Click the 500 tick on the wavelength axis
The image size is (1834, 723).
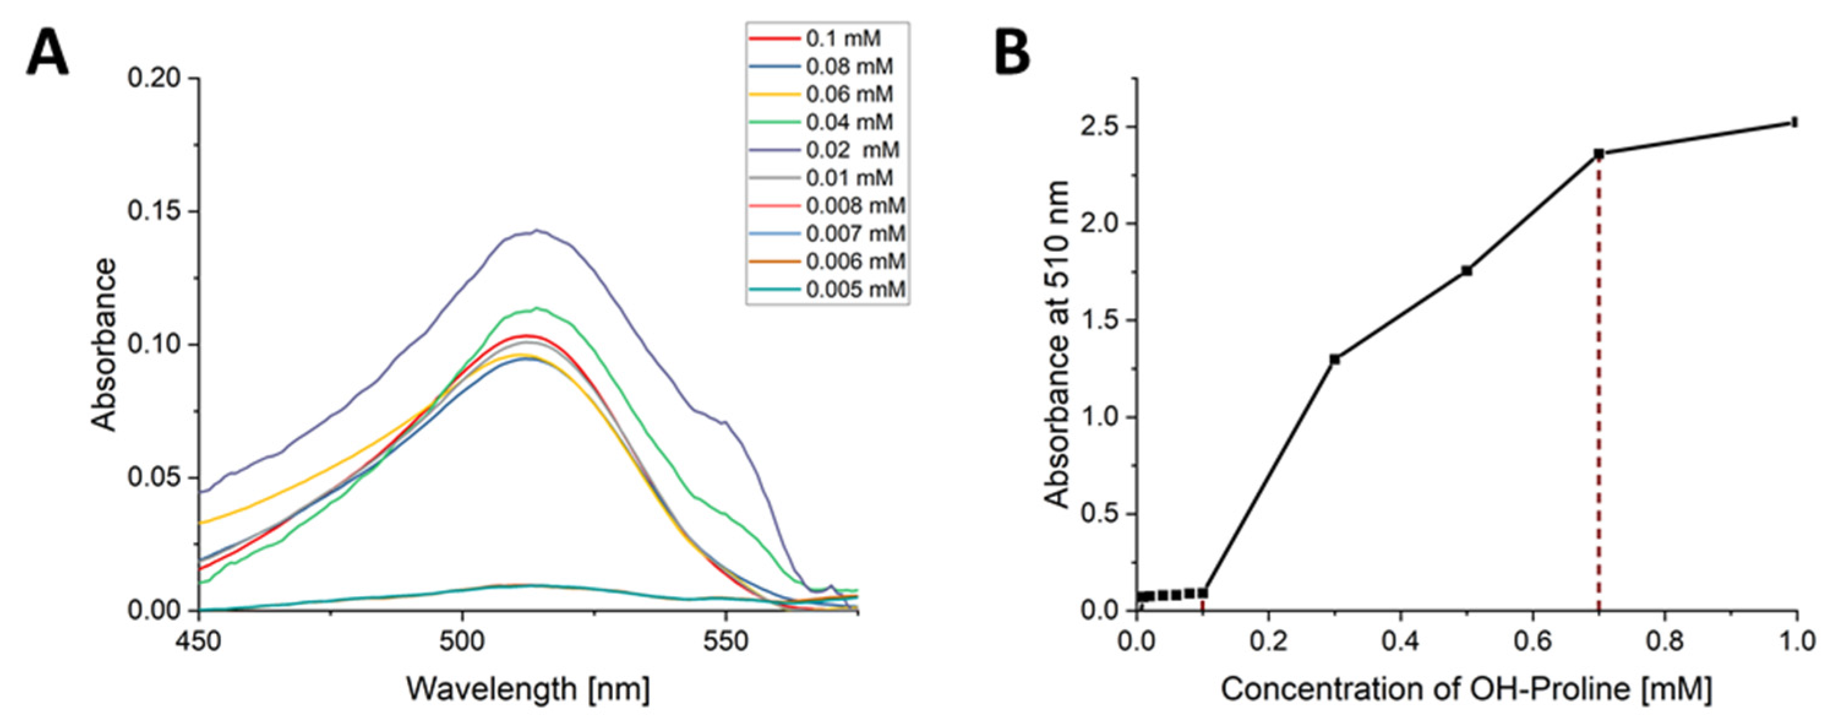click(x=462, y=642)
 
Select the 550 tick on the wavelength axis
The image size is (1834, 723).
click(x=725, y=642)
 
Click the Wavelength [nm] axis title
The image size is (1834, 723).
click(x=528, y=689)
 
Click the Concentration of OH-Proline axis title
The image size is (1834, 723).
click(x=1467, y=689)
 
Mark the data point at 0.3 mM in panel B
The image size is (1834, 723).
click(x=1334, y=359)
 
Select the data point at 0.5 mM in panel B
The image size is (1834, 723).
click(x=1467, y=271)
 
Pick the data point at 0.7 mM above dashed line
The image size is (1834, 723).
click(x=1598, y=153)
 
